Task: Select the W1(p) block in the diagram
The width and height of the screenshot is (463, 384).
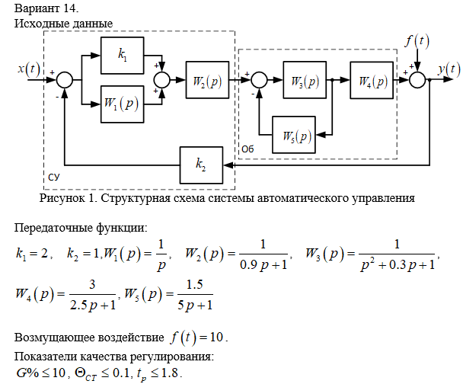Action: [122, 103]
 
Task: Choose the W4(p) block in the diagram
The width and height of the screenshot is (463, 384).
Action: [372, 78]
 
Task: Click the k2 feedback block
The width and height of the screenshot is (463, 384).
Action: [201, 163]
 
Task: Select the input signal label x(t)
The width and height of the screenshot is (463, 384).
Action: [30, 69]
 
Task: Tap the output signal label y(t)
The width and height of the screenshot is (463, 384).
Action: [449, 69]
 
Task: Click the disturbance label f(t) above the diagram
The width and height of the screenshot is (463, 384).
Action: [417, 40]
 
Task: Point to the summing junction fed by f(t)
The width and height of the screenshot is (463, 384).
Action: [418, 78]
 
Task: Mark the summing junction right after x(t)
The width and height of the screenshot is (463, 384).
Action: [65, 78]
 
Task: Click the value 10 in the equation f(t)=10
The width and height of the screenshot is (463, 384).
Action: [218, 337]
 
